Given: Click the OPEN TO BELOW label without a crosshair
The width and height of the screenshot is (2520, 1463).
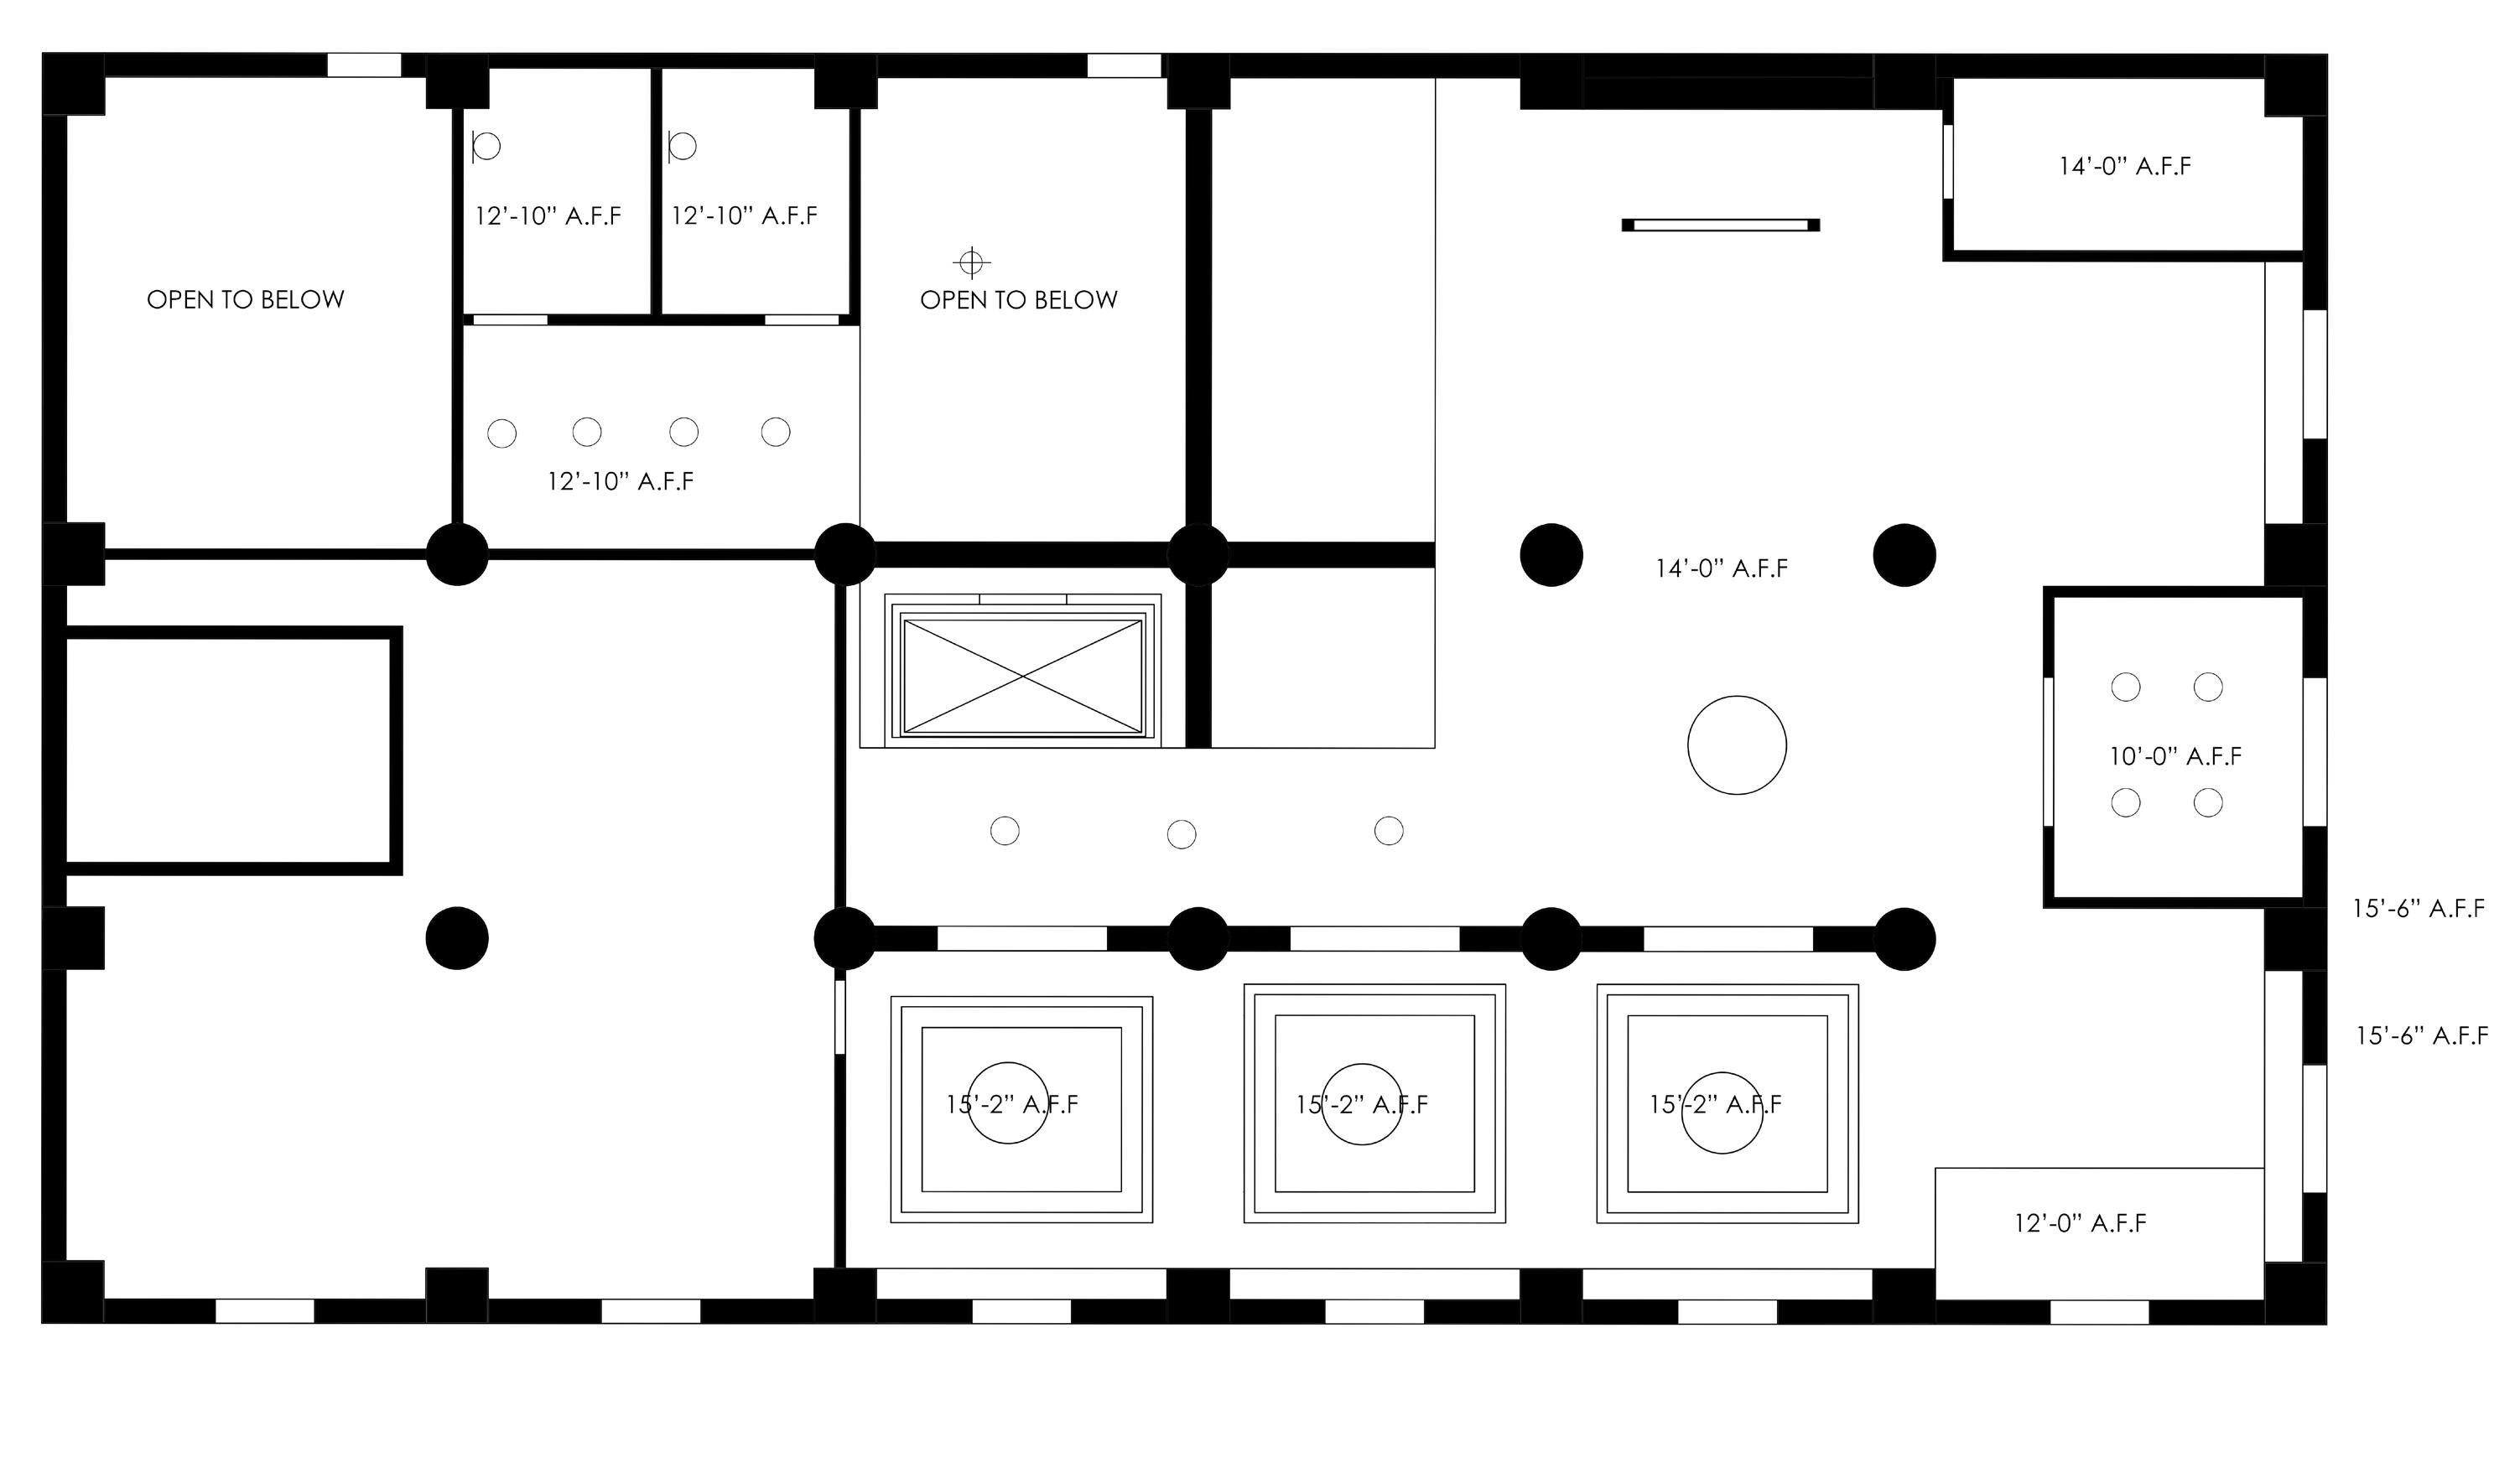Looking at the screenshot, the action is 246,299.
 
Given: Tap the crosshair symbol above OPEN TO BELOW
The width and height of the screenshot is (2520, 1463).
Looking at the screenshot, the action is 970,263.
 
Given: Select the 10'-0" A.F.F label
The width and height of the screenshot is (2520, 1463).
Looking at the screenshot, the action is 2176,756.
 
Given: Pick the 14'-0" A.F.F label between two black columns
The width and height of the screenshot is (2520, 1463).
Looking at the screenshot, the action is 1722,568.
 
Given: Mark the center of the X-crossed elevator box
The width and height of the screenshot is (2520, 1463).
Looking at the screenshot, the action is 1022,677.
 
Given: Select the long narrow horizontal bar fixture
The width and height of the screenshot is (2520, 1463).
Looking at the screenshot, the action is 1720,225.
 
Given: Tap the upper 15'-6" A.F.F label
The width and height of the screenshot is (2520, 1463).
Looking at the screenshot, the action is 2418,908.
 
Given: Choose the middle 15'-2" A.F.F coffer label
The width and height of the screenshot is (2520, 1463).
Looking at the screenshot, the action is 1362,1104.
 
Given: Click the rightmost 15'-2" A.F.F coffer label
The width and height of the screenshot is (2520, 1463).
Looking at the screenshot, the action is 1715,1104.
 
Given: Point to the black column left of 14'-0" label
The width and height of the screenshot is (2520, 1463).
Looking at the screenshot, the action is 1551,554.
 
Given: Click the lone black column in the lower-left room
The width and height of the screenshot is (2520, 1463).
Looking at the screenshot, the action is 457,938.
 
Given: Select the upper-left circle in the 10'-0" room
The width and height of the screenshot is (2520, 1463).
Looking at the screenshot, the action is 2125,687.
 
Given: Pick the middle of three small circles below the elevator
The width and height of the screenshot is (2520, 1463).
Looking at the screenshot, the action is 1182,834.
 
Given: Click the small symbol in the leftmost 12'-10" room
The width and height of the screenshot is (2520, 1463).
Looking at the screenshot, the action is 486,147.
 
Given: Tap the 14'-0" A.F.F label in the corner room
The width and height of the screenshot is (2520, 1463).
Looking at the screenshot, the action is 2124,166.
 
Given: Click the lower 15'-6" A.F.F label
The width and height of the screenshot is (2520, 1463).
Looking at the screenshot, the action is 2422,1035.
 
